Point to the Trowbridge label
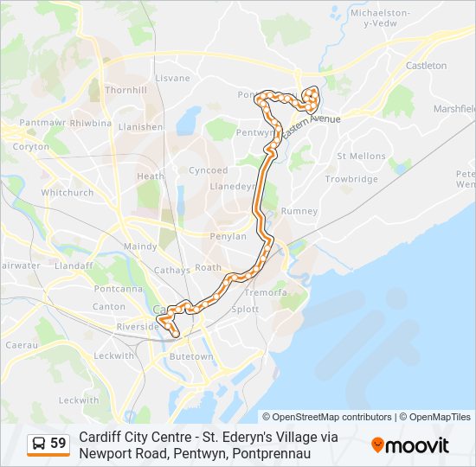pos(351,179)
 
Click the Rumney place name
pos(299,211)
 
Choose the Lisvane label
pos(172,78)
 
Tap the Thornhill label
pos(125,90)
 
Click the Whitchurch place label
pos(67,192)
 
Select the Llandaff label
pos(74,266)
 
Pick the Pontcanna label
pos(117,288)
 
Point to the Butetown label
pos(190,356)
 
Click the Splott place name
pos(245,309)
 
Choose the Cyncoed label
pos(209,170)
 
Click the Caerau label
pos(22,344)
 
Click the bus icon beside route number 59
pos(39,444)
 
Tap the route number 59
pos(58,444)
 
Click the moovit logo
pos(410,445)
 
